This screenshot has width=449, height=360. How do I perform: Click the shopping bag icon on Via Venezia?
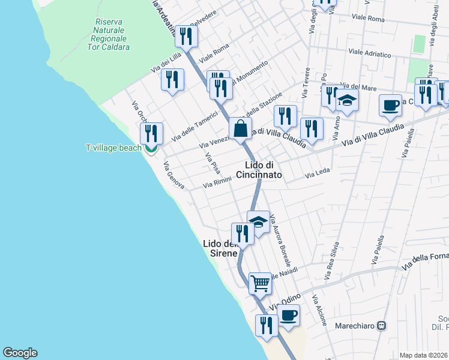point(240,128)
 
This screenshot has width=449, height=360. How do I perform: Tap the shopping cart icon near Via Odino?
point(259,283)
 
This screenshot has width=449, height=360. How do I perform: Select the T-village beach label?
point(113,148)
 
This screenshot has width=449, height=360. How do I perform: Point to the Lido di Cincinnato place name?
point(263,170)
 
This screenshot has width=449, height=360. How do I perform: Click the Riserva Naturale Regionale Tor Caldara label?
point(109,34)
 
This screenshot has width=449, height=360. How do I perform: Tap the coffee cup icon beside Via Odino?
point(289,315)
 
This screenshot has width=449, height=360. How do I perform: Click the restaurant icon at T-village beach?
point(151,134)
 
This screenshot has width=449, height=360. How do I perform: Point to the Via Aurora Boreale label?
point(280,241)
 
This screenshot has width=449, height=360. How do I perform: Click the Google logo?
point(20,353)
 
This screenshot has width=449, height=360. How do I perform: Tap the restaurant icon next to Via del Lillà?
point(173,79)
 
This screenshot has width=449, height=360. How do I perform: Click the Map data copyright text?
point(424,355)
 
